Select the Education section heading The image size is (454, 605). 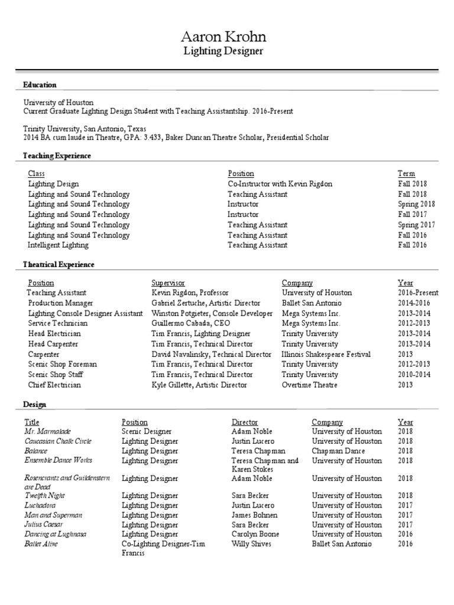point(40,84)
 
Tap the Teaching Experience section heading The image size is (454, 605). point(57,156)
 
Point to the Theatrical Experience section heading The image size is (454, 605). point(59,265)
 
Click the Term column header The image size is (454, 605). point(406,174)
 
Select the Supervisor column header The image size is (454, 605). point(168,283)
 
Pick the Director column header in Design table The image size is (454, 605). point(245,422)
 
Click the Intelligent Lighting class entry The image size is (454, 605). point(58,245)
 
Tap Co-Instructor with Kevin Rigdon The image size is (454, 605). point(280,184)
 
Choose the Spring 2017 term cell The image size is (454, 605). point(416,225)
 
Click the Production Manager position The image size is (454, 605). point(60,303)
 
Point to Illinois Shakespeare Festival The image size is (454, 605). point(326,354)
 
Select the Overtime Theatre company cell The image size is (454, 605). point(309,385)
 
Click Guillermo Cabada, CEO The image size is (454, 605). point(190,324)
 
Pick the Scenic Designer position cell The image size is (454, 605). point(147,432)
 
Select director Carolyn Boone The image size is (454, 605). point(255,534)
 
